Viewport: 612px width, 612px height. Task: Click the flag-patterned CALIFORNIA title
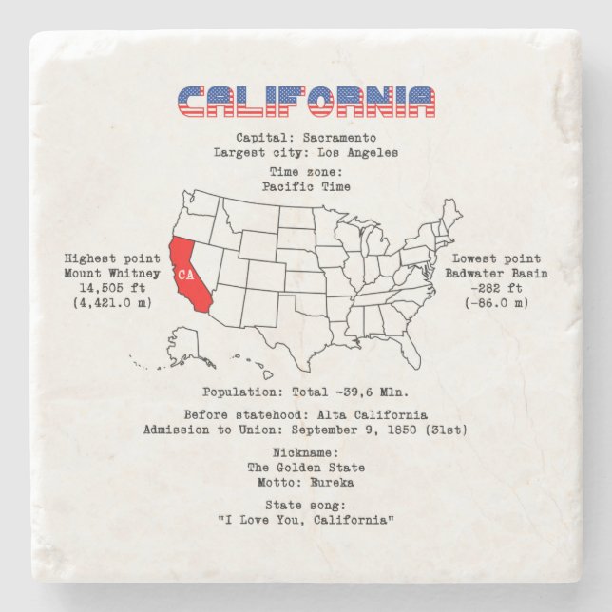[x=306, y=100]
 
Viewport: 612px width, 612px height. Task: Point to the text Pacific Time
[x=306, y=186]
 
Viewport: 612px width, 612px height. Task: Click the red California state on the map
[x=188, y=281]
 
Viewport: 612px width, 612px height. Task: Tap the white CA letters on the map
[x=186, y=275]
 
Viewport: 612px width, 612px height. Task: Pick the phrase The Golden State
[x=306, y=468]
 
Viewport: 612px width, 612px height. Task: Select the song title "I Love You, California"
[x=306, y=519]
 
